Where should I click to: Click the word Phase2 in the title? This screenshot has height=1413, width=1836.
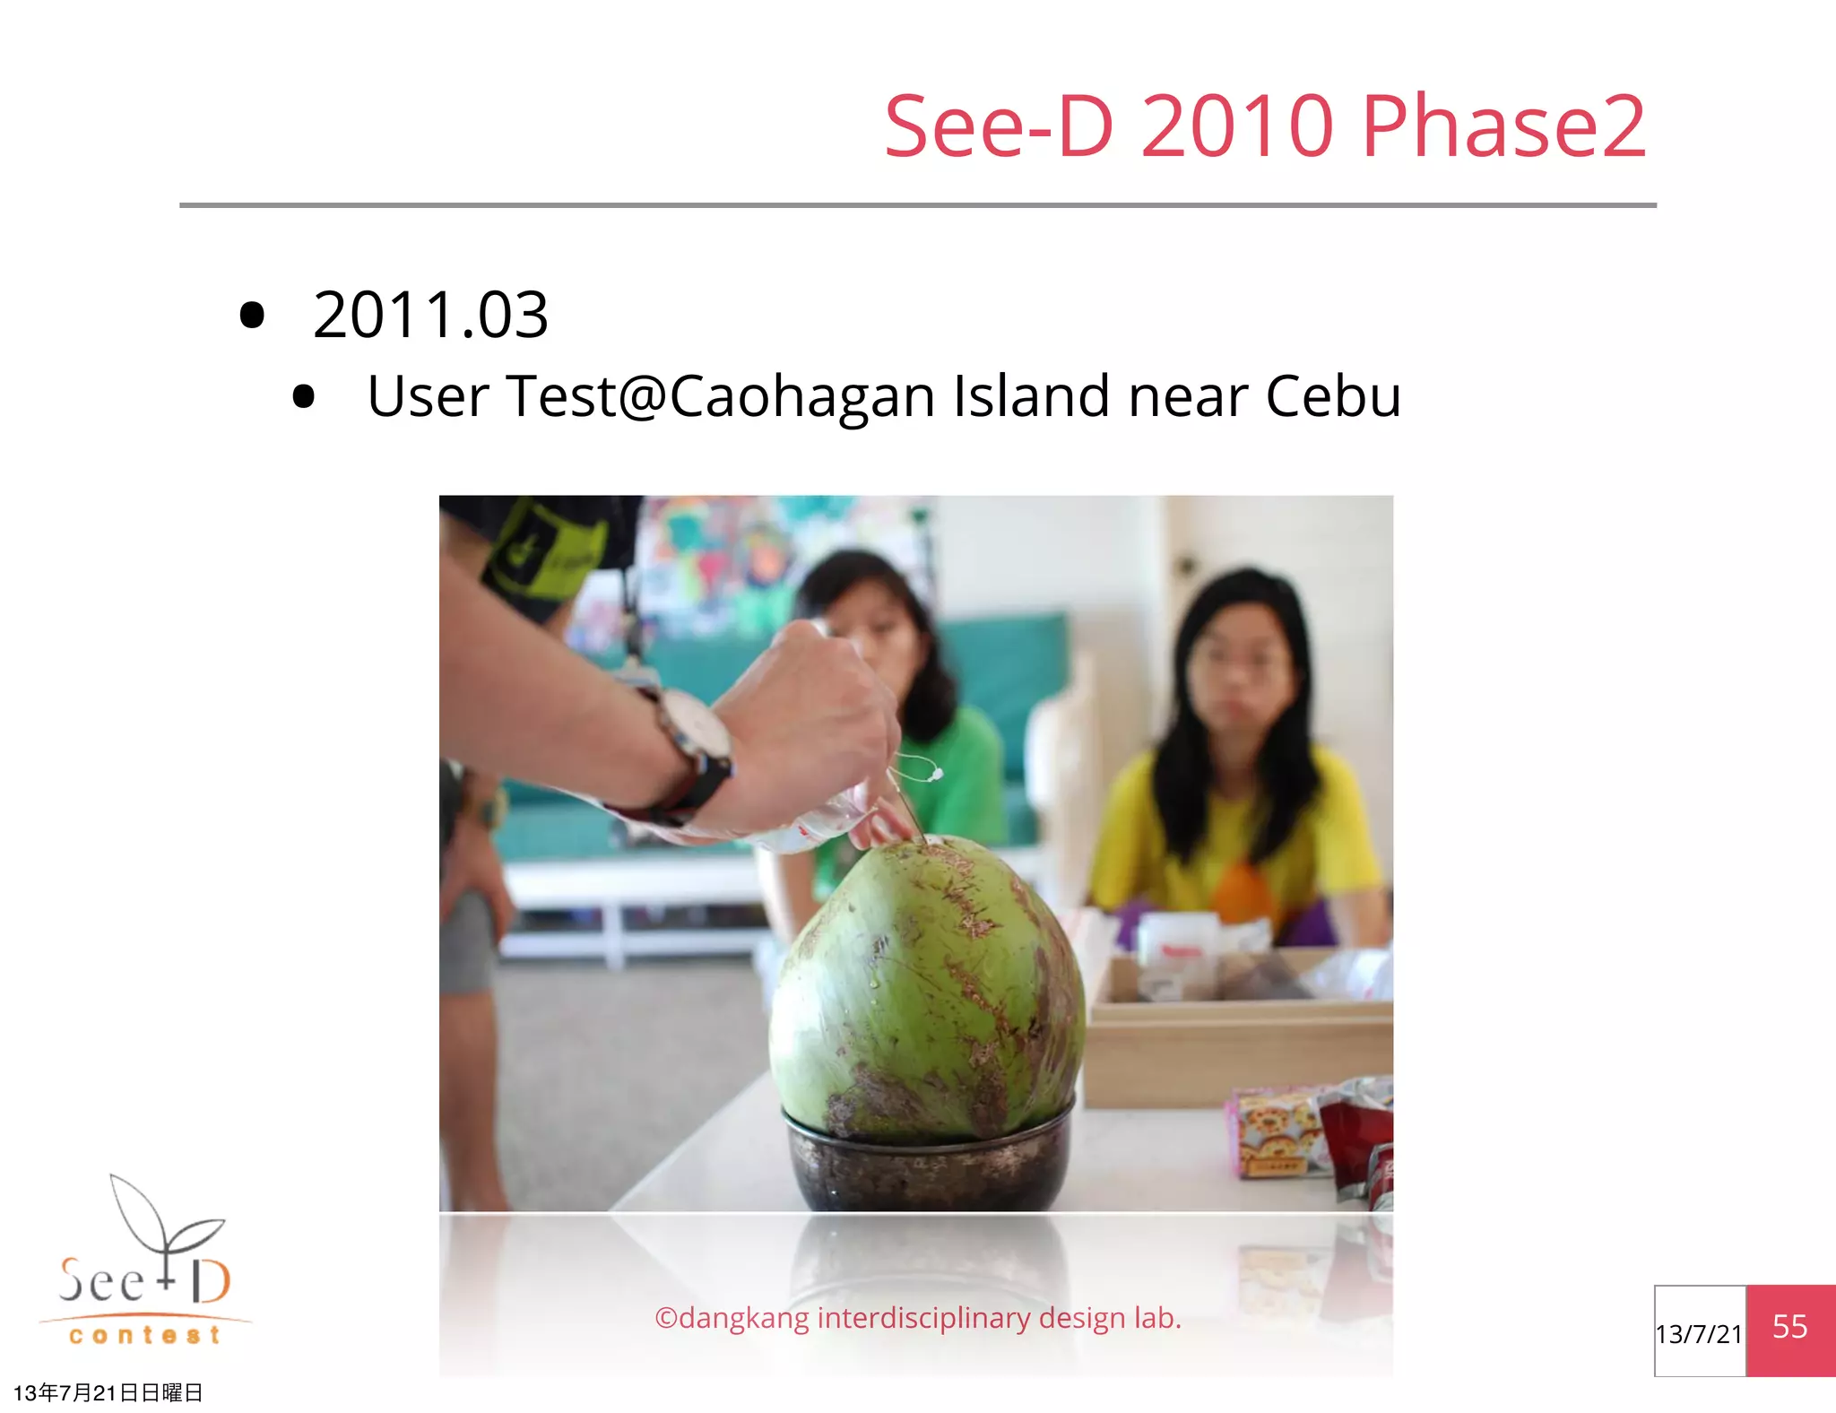pos(1503,127)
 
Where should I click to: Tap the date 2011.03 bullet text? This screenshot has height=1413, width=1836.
pos(430,316)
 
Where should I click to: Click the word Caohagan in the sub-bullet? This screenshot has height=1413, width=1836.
pos(802,396)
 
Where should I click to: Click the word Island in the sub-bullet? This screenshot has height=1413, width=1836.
pos(1031,396)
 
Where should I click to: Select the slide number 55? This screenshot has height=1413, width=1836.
pos(1789,1327)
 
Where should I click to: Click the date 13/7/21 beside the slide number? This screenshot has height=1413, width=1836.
pos(1699,1334)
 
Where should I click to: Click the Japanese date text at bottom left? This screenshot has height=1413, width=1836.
pos(108,1392)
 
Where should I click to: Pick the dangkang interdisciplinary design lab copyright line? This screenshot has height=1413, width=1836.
pos(918,1318)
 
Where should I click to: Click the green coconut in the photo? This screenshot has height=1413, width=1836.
pos(928,986)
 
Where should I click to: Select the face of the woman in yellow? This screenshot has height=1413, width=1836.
pos(1242,663)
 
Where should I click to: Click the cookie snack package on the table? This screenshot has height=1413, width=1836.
pos(1277,1130)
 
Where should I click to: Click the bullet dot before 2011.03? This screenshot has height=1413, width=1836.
pos(253,316)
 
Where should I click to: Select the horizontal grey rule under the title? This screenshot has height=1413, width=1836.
pos(918,205)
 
